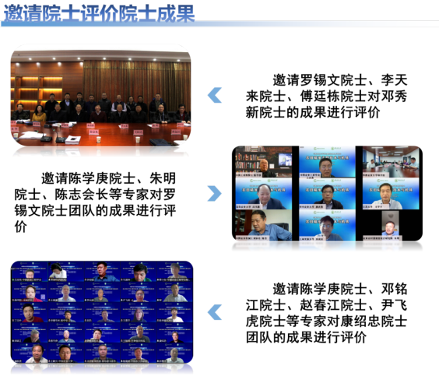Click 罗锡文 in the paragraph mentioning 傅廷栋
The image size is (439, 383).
(x=325, y=79)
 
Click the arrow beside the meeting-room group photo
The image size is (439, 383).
(x=214, y=95)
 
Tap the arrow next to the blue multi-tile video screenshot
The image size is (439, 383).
(x=214, y=312)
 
